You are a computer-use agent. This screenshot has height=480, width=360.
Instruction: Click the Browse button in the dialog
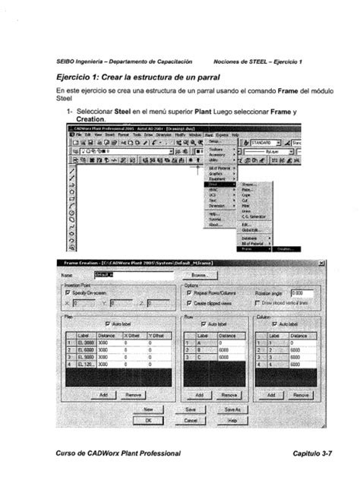coord(200,275)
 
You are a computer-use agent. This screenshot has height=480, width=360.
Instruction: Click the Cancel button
coord(191,419)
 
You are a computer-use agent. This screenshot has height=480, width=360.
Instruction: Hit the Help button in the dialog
coord(232,419)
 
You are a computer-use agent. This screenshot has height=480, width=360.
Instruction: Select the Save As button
coord(232,408)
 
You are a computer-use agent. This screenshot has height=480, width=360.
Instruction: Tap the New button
coord(149,408)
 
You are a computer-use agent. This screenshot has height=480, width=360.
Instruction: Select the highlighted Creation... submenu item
coord(285,248)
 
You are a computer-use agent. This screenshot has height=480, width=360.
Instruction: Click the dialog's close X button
coord(321,263)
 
